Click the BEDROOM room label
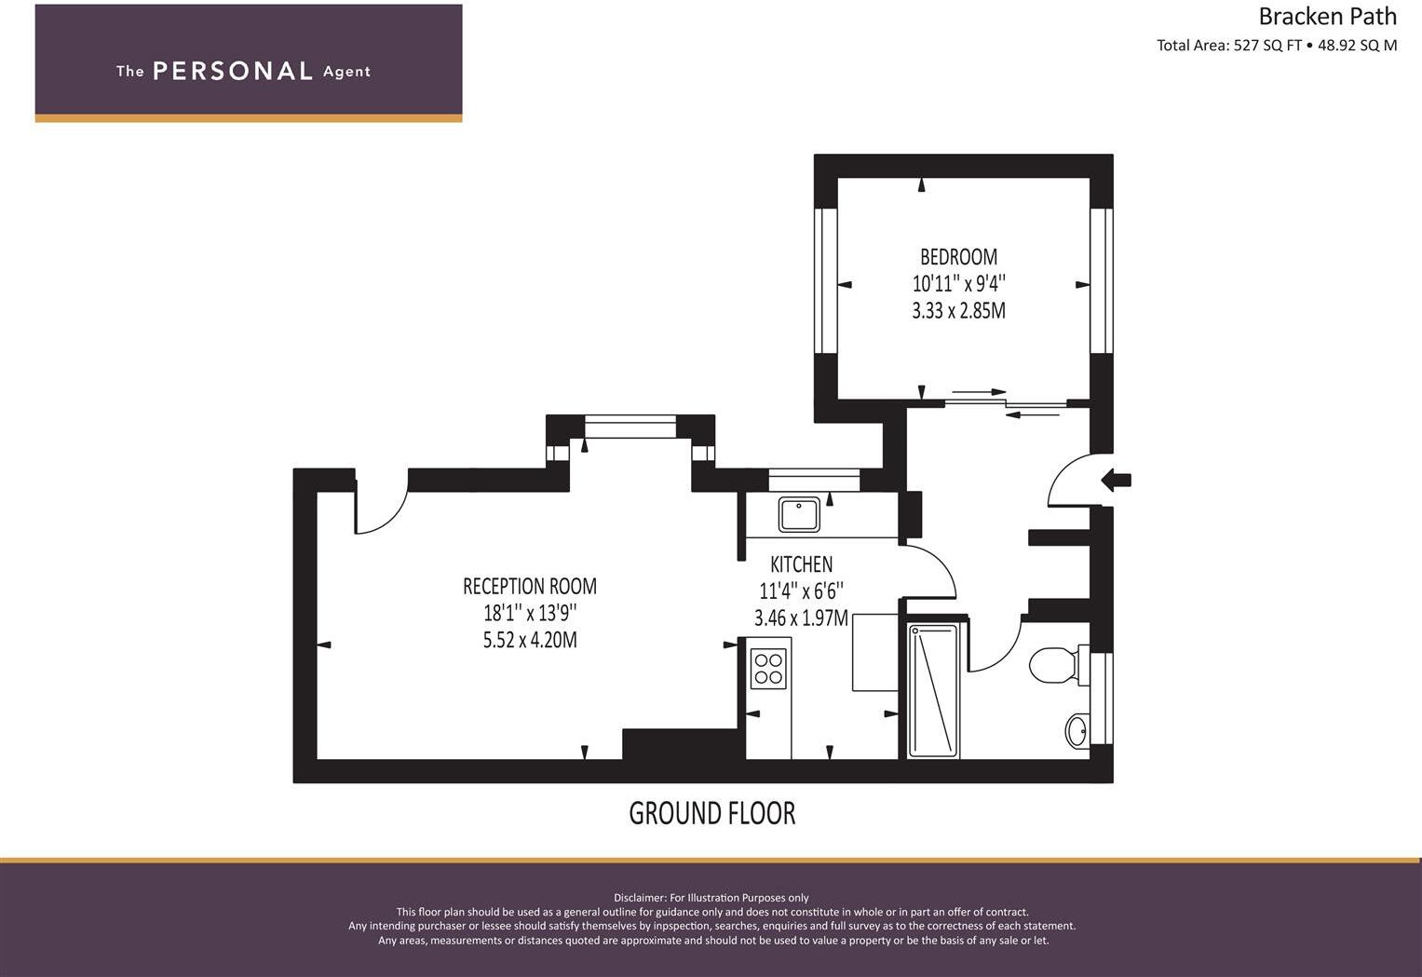point(958,257)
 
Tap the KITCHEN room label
point(801,564)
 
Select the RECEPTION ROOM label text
point(529,587)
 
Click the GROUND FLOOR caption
point(712,813)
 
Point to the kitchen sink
point(799,514)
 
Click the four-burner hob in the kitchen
point(769,668)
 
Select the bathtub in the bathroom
point(933,689)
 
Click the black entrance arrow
point(1117,481)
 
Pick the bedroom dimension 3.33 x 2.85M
point(958,311)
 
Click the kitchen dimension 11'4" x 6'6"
point(801,590)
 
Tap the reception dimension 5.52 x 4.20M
point(529,641)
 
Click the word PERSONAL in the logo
point(232,72)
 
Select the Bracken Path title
point(1327,17)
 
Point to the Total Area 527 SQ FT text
point(1228,46)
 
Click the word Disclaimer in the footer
point(639,898)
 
